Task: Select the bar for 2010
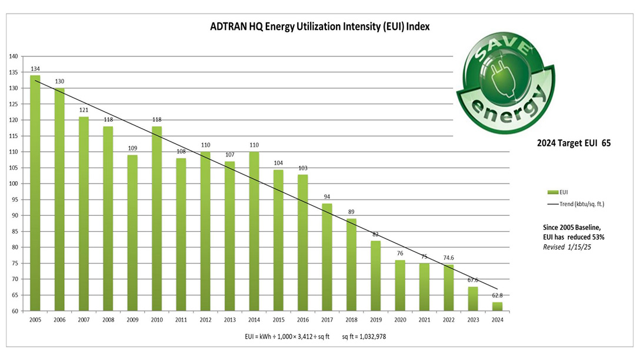[x=157, y=218]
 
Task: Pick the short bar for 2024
[x=497, y=306]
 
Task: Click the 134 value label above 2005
[x=35, y=69]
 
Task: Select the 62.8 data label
[x=498, y=296]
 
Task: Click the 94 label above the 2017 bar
[x=327, y=197]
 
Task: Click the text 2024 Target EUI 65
[x=574, y=143]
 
